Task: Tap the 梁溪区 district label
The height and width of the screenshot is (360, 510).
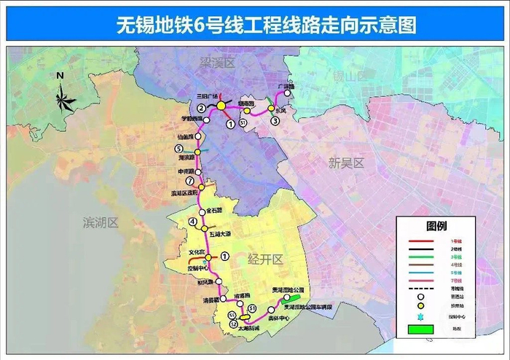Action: click(x=219, y=64)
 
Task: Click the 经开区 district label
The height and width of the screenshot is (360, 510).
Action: click(x=264, y=259)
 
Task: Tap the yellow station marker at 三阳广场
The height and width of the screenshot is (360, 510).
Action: click(x=221, y=106)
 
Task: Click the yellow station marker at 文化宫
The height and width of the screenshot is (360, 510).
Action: click(x=208, y=257)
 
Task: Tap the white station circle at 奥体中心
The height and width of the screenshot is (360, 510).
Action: click(x=270, y=310)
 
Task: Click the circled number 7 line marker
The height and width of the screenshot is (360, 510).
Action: click(x=190, y=181)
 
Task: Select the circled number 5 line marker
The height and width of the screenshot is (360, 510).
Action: click(x=178, y=149)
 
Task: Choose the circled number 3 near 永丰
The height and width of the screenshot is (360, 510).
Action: click(x=275, y=121)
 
